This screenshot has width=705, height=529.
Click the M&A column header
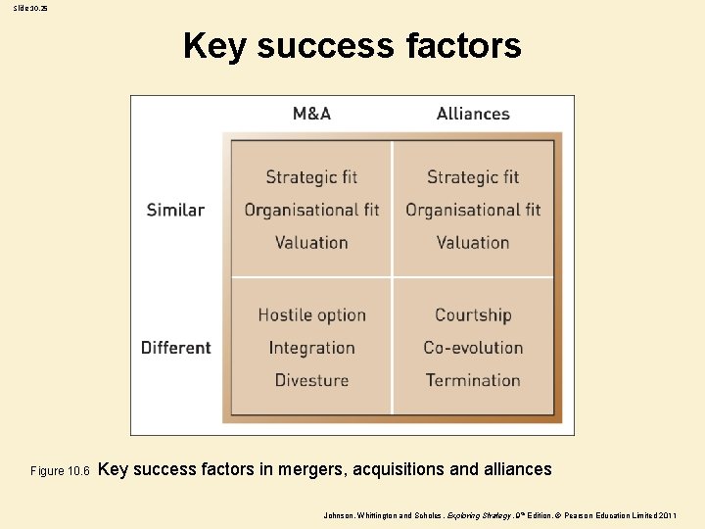click(x=311, y=114)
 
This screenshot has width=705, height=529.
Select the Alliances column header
click(x=473, y=114)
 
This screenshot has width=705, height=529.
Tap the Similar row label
click(x=175, y=210)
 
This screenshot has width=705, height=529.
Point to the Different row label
click(x=175, y=348)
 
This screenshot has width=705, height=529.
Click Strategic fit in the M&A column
click(x=311, y=177)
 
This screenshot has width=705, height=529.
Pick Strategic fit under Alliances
click(x=473, y=177)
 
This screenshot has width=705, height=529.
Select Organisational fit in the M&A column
click(x=311, y=210)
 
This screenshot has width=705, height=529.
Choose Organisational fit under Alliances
click(x=473, y=210)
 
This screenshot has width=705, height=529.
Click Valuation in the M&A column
click(x=311, y=242)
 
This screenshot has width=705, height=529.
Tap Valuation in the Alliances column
click(x=473, y=242)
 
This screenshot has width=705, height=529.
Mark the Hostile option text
click(x=311, y=315)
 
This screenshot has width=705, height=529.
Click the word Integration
click(x=311, y=348)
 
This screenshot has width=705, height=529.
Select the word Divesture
click(x=311, y=380)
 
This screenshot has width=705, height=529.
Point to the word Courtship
click(x=473, y=315)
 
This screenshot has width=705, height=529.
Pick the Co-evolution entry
click(x=473, y=348)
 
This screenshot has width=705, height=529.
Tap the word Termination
click(x=473, y=380)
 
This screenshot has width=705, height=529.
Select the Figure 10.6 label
click(x=60, y=471)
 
